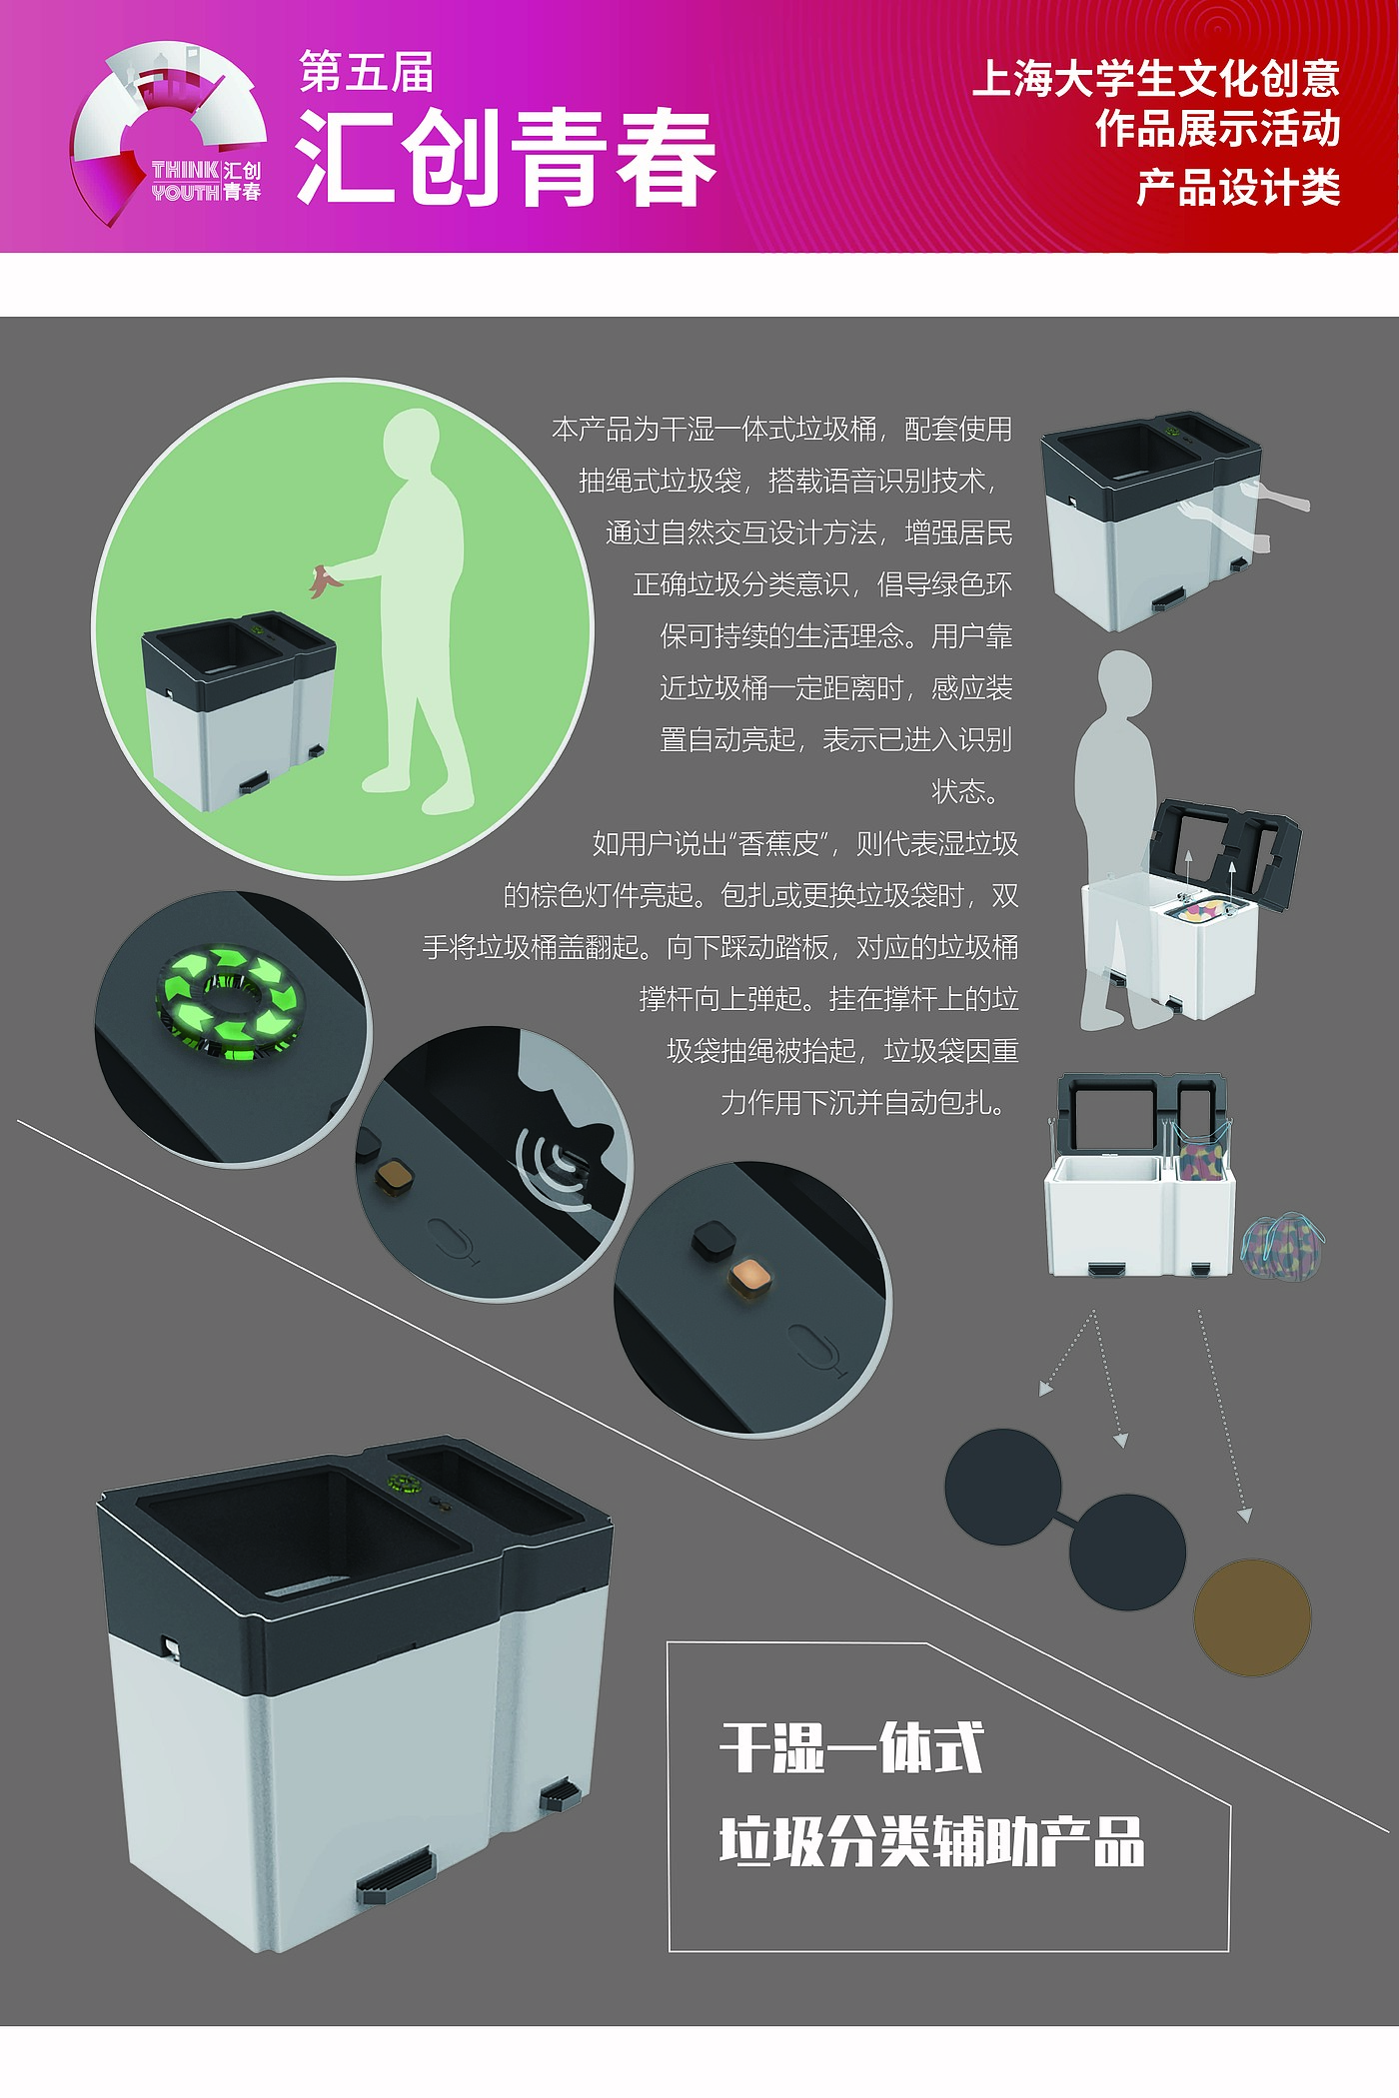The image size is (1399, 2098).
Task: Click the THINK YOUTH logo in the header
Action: pos(168,133)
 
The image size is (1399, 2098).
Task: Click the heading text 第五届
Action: pos(367,72)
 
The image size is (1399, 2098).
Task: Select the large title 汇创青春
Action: pos(507,158)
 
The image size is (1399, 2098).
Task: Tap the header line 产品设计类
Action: pos(1238,187)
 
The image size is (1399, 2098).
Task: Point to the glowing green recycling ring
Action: pos(230,1000)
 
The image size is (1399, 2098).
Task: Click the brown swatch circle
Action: pos(1252,1617)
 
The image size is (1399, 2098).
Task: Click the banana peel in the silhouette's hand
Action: pos(324,580)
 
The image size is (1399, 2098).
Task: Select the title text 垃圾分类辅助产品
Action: pos(931,1840)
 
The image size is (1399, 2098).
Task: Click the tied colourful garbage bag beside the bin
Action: pos(1280,1245)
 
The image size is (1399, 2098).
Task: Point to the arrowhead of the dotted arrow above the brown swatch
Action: pos(1244,1515)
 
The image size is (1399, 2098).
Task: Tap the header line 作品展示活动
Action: pos(1218,129)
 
